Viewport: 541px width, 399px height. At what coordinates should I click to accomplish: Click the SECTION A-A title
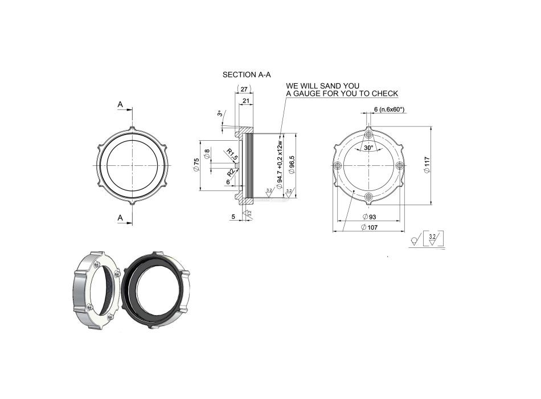[247, 75]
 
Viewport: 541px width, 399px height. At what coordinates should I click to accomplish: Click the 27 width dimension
[244, 89]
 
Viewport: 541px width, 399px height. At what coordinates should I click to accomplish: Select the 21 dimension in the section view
[245, 101]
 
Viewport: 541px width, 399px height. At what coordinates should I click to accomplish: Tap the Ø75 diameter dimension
[196, 165]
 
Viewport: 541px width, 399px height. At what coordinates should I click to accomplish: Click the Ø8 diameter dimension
[207, 154]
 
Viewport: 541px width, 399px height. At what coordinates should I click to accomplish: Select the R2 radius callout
[231, 172]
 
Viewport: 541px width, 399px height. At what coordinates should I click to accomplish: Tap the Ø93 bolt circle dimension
[368, 217]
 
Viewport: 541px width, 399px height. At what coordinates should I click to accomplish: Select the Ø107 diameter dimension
[368, 227]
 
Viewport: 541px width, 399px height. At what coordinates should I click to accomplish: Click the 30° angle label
[368, 148]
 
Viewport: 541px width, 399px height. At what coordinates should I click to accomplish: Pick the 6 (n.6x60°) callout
[389, 109]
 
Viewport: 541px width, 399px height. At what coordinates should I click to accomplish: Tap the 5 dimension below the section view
[233, 216]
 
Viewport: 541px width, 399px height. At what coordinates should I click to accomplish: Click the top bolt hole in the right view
[369, 134]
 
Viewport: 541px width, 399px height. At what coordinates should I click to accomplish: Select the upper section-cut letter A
[120, 104]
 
